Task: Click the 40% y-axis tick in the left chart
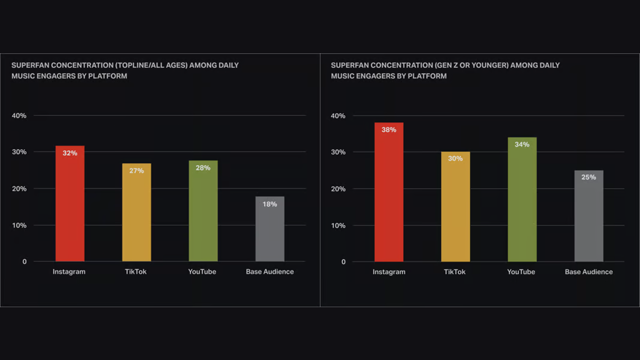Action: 19,116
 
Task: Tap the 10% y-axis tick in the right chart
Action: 338,226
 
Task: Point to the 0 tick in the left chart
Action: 25,262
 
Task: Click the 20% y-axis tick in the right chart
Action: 338,189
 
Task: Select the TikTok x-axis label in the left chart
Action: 135,272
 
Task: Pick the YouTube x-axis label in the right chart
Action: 521,272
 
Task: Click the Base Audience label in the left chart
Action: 270,272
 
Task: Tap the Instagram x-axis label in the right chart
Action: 389,272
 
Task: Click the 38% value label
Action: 389,130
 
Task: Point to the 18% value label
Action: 270,204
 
